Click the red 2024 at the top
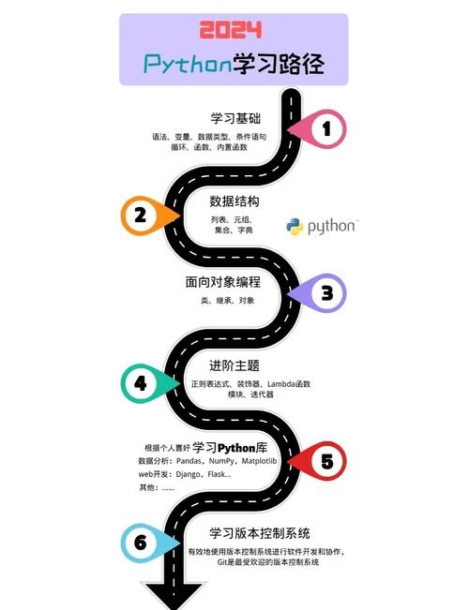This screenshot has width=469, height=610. [234, 29]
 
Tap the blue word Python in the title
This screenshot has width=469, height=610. [188, 64]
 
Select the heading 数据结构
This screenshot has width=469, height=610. [234, 201]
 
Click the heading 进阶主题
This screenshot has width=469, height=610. [234, 365]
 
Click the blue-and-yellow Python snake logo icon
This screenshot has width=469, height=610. [295, 226]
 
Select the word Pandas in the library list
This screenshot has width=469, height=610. [192, 461]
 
